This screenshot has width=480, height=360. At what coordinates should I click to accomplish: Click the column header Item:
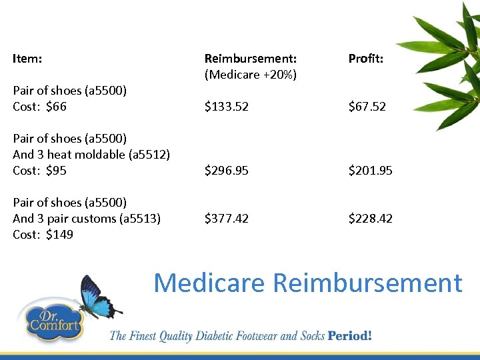click(x=27, y=59)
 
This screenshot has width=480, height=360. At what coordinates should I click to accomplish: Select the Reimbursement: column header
click(x=250, y=59)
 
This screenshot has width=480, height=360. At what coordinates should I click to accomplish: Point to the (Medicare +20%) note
click(x=250, y=75)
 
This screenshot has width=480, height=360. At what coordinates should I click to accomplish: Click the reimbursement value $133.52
click(x=226, y=107)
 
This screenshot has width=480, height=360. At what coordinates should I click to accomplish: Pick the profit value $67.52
click(x=367, y=107)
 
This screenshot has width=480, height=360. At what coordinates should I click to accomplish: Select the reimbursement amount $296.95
click(x=226, y=171)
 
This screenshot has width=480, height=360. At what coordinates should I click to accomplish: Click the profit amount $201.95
click(x=370, y=171)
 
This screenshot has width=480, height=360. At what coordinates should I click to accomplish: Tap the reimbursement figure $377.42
click(x=226, y=219)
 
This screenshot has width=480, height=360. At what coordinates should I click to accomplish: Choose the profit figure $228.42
click(x=370, y=219)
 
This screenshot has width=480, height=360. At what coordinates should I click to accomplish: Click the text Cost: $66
click(x=39, y=107)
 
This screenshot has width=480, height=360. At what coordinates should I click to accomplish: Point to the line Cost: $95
click(x=39, y=171)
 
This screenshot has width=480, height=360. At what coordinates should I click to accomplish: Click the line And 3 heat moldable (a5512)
click(x=91, y=155)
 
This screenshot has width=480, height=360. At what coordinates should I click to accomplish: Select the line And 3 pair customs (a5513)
click(x=87, y=219)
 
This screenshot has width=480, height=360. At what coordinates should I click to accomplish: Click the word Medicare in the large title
click(x=209, y=283)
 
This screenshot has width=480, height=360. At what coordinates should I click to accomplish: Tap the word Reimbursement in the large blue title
click(x=367, y=283)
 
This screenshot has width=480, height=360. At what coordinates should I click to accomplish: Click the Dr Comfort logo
click(x=53, y=322)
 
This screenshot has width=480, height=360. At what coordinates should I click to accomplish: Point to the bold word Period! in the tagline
click(x=349, y=335)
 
